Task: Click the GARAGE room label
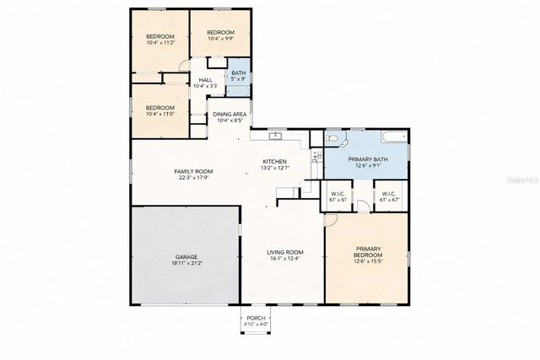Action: [186, 256]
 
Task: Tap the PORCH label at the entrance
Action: [256, 318]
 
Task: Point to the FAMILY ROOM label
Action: [192, 171]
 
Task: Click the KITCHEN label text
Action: [274, 162]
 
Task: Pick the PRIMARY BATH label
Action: [368, 160]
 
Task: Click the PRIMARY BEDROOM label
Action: [368, 252]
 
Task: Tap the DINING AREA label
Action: [229, 114]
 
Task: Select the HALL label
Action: [205, 80]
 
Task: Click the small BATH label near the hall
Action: [239, 73]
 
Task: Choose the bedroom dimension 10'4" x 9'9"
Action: [220, 38]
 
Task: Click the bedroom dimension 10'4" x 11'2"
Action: [159, 43]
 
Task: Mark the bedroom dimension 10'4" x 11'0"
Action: [159, 114]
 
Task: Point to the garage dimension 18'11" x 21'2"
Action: [186, 263]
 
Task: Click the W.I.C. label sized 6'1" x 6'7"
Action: [388, 200]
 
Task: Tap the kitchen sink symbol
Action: [275, 135]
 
